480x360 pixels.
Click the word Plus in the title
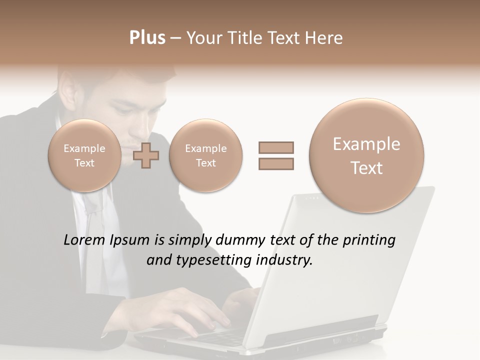coord(147,38)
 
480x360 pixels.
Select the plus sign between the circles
coord(146,155)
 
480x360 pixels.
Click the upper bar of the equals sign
coord(276,147)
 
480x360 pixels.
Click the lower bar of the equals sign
coord(276,163)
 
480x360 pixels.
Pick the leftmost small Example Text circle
coord(84,155)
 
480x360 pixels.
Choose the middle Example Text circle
coord(205,155)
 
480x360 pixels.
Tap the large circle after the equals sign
coord(366,155)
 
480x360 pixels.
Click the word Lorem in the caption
coord(85,240)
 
